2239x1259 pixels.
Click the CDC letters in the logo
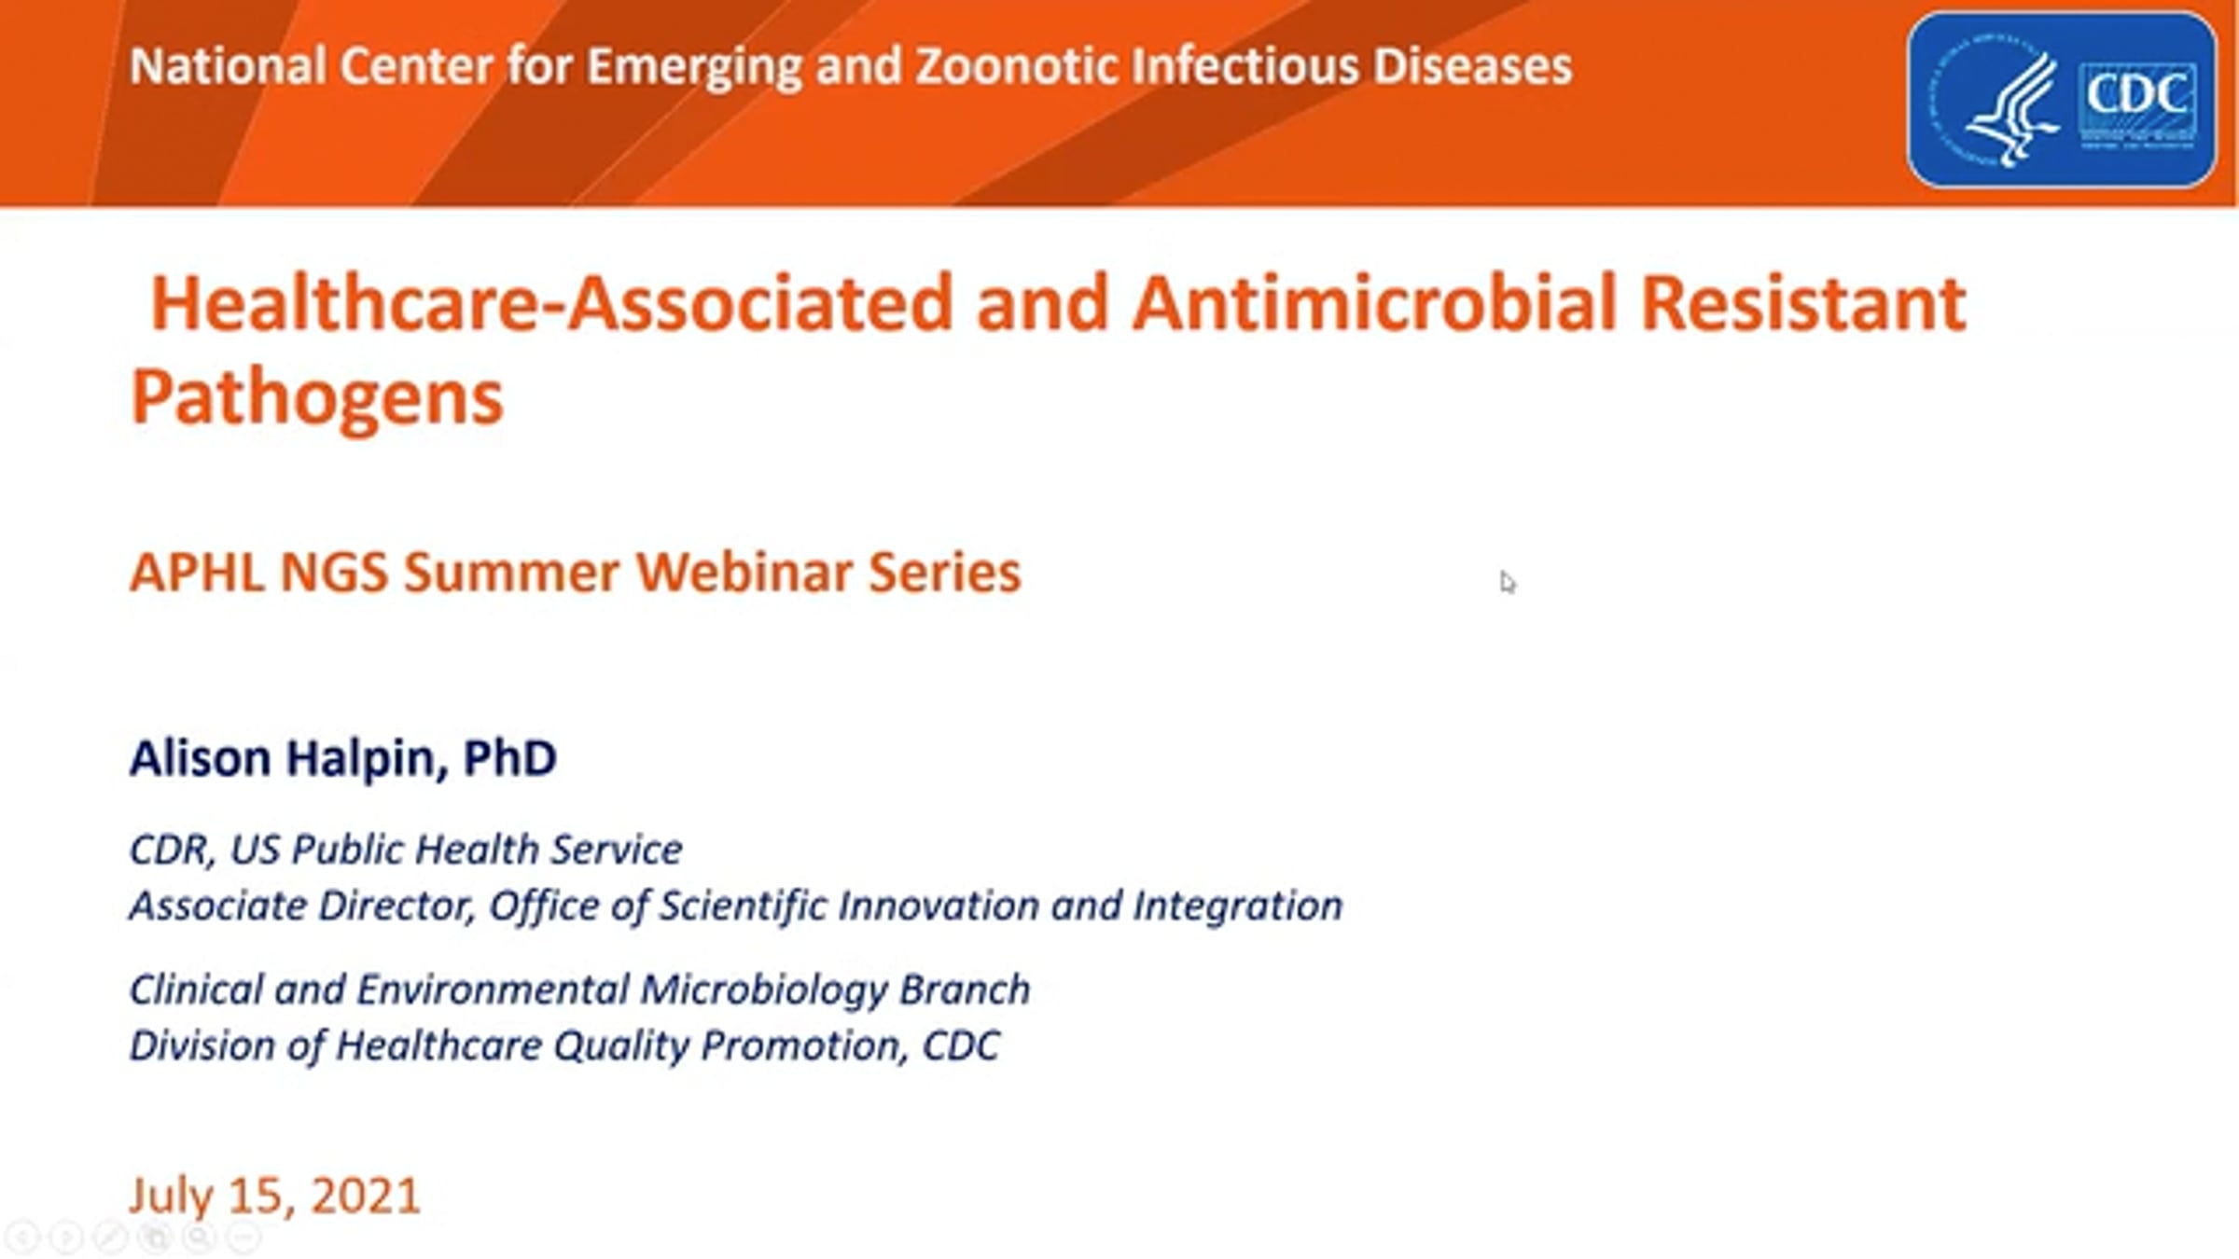(x=2136, y=95)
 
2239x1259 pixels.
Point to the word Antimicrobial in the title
(x=1373, y=303)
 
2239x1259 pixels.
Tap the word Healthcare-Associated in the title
(x=551, y=303)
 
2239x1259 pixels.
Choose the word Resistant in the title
(x=1802, y=303)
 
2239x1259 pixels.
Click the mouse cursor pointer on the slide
(x=1508, y=582)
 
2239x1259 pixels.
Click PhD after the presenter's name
(x=509, y=757)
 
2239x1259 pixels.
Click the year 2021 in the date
(x=366, y=1197)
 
